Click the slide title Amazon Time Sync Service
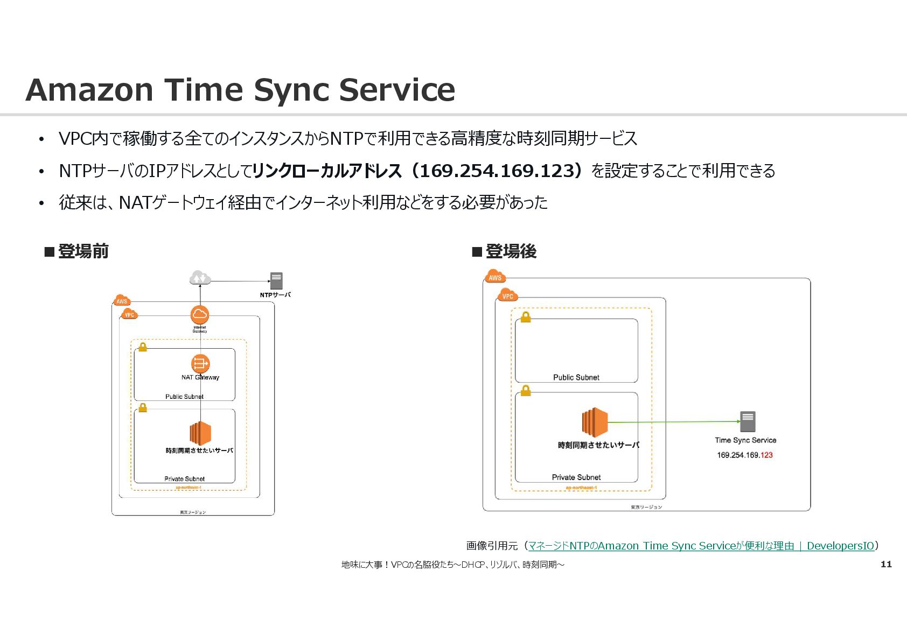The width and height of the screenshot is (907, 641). click(x=240, y=90)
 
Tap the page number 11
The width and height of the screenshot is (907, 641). click(x=886, y=564)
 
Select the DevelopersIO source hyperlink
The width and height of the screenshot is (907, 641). click(x=701, y=546)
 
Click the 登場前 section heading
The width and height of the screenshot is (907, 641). click(x=77, y=251)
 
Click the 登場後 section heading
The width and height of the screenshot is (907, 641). click(x=505, y=251)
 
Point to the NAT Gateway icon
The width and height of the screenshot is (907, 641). click(x=200, y=363)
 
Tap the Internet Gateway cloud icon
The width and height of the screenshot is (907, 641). click(x=199, y=314)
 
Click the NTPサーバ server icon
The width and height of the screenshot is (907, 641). click(x=276, y=280)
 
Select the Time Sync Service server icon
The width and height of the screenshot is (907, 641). click(x=748, y=421)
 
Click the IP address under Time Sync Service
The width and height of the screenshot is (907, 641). click(x=744, y=455)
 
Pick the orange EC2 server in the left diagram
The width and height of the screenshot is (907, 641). click(x=200, y=433)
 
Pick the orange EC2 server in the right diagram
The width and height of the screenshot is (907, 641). click(x=595, y=422)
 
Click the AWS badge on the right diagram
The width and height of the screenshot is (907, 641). click(x=495, y=277)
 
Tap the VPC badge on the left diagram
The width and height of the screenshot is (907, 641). click(x=129, y=314)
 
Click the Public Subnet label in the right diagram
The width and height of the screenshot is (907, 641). click(x=576, y=377)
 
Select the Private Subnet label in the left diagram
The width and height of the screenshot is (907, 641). click(x=184, y=478)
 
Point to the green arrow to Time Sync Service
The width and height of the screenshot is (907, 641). click(x=673, y=422)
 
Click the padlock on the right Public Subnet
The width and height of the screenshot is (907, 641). click(x=526, y=317)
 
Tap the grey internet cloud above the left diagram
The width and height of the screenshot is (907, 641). click(x=199, y=278)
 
